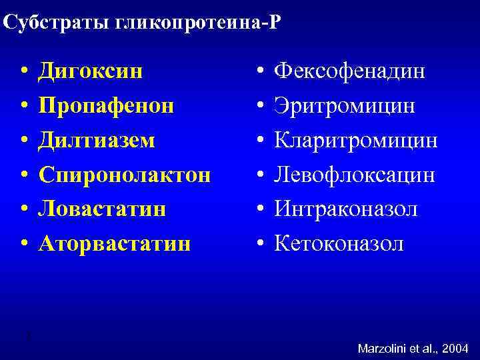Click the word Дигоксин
point(90,71)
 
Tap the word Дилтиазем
point(96,140)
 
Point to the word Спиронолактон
point(125,175)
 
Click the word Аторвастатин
point(114,244)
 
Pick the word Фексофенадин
point(350,71)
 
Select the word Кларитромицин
point(357,140)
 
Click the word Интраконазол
point(347,209)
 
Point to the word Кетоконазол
point(339,244)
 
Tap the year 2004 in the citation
point(455,348)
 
